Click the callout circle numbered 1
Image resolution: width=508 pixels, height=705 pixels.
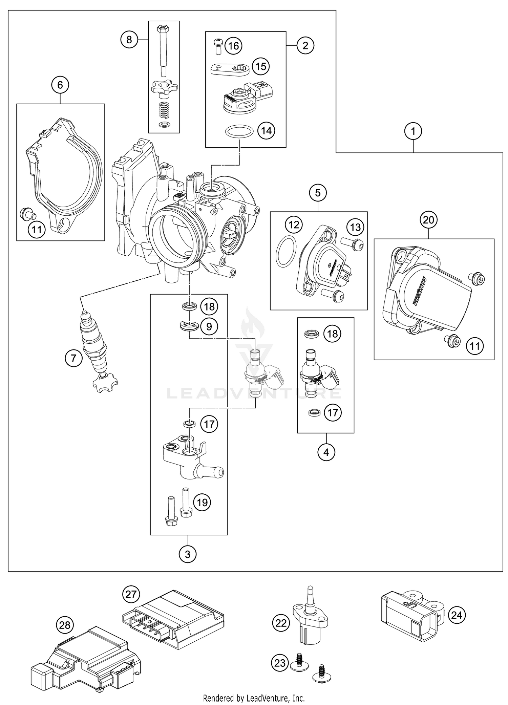click(x=413, y=131)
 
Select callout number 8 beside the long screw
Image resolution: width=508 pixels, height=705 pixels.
click(x=129, y=40)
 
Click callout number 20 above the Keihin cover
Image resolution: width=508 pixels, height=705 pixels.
click(x=428, y=220)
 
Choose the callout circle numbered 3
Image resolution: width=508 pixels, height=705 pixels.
click(x=188, y=555)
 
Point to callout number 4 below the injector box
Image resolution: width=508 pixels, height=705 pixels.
click(x=326, y=452)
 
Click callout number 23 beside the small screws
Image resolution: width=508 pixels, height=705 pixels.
click(x=280, y=663)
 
